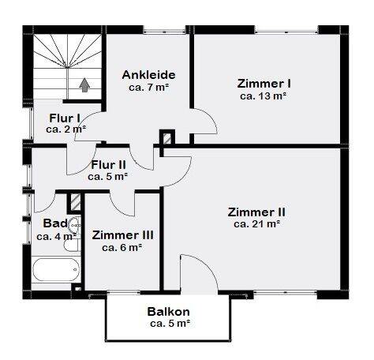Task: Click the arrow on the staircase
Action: (84, 83)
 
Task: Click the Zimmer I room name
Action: (264, 83)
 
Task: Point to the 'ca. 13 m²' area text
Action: (264, 96)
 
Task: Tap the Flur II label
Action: (109, 165)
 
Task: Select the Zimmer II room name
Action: (256, 212)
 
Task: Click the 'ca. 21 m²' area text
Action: (256, 224)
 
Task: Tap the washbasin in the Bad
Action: (73, 224)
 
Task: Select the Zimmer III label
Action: (122, 234)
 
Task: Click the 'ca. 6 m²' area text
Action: (122, 247)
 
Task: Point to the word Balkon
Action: (169, 311)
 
